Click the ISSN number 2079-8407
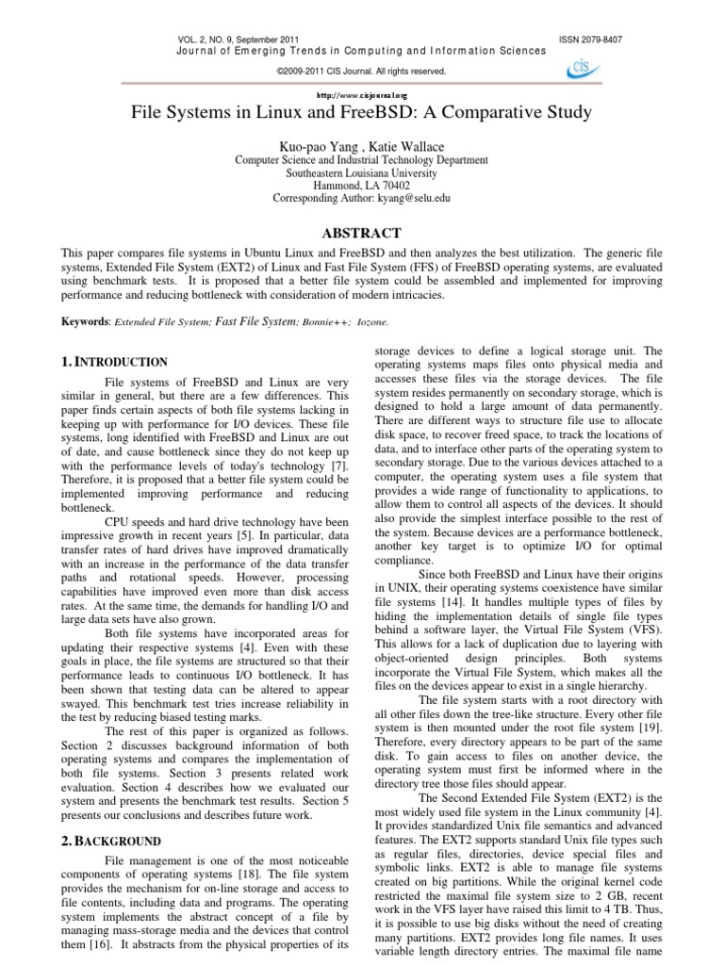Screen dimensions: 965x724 pyautogui.click(x=600, y=39)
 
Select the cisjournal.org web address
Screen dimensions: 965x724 pyautogui.click(x=362, y=95)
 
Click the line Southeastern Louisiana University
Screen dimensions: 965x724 pyautogui.click(x=362, y=173)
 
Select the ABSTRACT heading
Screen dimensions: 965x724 pyautogui.click(x=362, y=233)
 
